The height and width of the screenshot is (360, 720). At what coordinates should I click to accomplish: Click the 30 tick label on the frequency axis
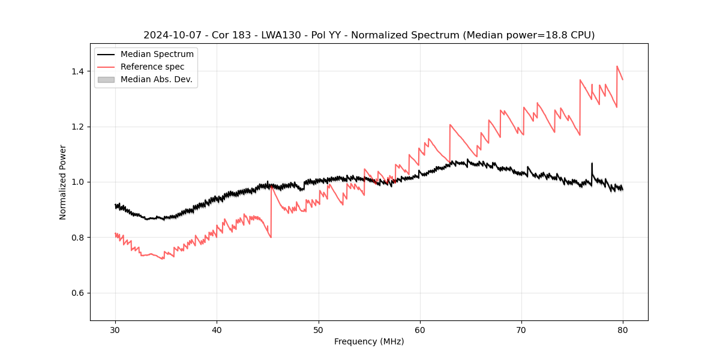click(x=115, y=329)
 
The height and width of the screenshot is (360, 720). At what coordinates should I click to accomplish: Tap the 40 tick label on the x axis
click(x=217, y=329)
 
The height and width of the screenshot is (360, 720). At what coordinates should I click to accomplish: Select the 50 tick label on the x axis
click(x=318, y=329)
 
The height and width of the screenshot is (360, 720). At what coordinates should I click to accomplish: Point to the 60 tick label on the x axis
click(x=419, y=329)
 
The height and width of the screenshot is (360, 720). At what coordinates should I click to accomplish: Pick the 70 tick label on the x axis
click(x=521, y=329)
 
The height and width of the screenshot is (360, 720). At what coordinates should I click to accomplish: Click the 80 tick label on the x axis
click(x=622, y=329)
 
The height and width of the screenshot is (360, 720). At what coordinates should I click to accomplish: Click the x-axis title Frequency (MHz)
click(x=369, y=341)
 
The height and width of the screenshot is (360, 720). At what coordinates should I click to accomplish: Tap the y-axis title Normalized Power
click(x=63, y=182)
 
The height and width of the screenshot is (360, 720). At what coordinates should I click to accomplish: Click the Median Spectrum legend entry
click(x=157, y=55)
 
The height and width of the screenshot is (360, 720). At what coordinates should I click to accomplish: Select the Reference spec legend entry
click(x=152, y=67)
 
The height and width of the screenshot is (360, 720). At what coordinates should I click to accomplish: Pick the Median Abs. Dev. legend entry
click(x=156, y=79)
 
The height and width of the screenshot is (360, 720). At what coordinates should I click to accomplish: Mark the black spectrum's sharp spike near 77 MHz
click(x=592, y=163)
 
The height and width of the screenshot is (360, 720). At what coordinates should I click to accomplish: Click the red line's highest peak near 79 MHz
click(x=617, y=67)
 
